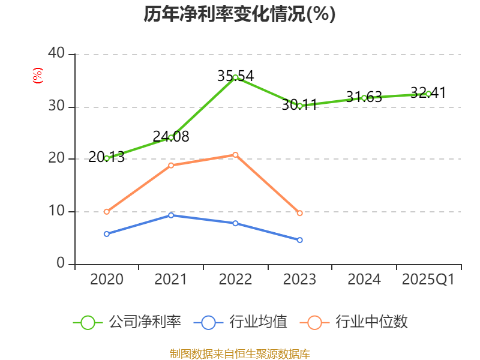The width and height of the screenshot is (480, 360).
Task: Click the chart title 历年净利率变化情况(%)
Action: pos(239,14)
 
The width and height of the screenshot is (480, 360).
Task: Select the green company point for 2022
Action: pos(235,77)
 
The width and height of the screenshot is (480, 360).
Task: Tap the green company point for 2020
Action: pos(107,158)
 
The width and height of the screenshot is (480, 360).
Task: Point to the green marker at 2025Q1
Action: pos(428,94)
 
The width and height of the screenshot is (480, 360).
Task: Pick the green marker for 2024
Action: pos(364,98)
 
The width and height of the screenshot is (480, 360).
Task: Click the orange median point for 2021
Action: pos(171,165)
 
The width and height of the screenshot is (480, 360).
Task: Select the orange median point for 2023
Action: pos(300,213)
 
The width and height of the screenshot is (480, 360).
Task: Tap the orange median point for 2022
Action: pos(235,155)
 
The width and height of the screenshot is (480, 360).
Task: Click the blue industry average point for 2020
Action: pos(107,234)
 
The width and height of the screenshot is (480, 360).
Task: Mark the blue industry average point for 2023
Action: pos(300,240)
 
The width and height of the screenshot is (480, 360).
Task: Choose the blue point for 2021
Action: pos(171,215)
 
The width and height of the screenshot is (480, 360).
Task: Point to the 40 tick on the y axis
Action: pos(56,53)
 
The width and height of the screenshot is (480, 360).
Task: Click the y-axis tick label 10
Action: pos(56,211)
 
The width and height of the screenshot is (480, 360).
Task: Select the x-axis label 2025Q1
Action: pos(428,280)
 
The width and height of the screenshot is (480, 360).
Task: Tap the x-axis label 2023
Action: pos(299,280)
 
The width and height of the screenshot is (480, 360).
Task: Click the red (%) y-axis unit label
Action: pos(38,76)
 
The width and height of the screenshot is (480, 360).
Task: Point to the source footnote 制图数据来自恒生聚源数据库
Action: pos(239,353)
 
